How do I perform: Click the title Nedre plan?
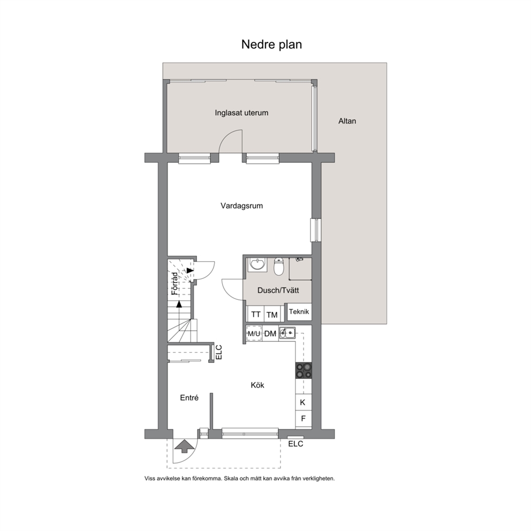point(271,44)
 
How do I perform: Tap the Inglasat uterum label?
point(241,113)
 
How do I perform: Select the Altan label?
point(347,121)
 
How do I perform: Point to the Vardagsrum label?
point(241,206)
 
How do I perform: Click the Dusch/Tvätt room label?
point(278,290)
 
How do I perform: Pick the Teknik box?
point(299,312)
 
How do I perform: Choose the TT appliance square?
point(255,314)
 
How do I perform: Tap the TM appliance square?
point(272,314)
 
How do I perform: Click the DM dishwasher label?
point(270,334)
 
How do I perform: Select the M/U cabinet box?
point(254,333)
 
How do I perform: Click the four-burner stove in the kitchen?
point(304,370)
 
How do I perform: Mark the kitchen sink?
point(287,333)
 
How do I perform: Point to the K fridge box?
point(303,403)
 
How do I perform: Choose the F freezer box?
point(303,419)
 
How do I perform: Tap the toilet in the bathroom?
point(278,267)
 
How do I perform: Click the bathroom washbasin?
point(257,264)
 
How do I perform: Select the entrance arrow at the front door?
point(182,446)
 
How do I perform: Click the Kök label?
point(257,385)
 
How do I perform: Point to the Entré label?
point(189,398)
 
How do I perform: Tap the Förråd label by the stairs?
point(175,284)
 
